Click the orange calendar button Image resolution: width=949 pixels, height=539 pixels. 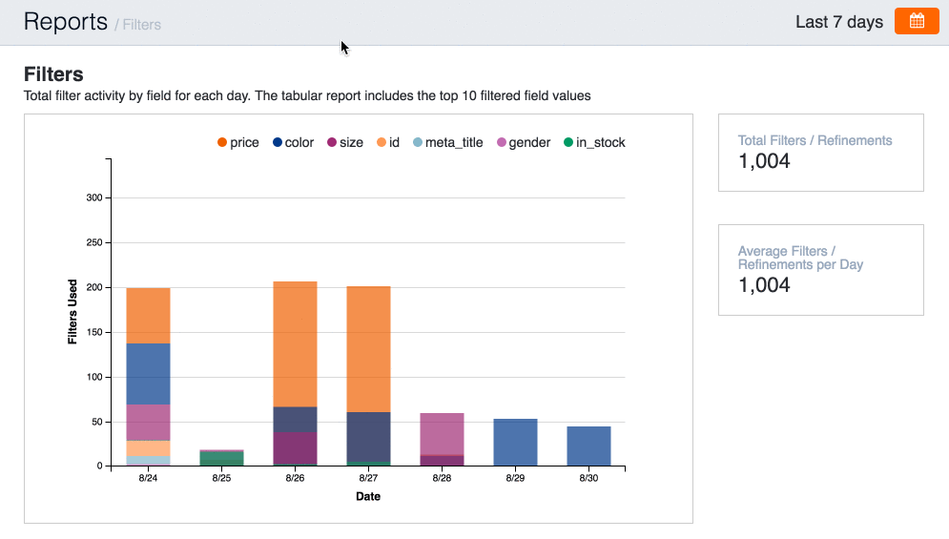click(x=917, y=21)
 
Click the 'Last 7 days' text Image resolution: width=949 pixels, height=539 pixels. click(x=839, y=22)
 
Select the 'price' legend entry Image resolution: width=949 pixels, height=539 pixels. click(x=237, y=142)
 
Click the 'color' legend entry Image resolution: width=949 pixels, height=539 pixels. click(x=293, y=142)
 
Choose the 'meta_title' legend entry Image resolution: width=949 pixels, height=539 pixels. click(x=447, y=142)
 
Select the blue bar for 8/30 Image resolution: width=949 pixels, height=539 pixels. click(x=588, y=446)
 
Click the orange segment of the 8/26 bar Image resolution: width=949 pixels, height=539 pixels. click(x=295, y=343)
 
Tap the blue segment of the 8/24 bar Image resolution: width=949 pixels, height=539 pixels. click(x=149, y=374)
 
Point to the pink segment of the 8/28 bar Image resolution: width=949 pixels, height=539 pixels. click(x=442, y=434)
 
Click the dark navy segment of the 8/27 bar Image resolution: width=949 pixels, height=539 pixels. click(x=368, y=436)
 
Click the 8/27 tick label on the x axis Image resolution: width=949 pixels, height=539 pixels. click(x=368, y=478)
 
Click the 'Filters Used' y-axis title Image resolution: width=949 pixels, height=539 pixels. click(x=72, y=312)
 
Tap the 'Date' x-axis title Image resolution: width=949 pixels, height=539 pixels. click(x=368, y=496)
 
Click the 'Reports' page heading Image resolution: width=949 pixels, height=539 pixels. click(x=65, y=22)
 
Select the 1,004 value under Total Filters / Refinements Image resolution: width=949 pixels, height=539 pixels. click(x=764, y=161)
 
